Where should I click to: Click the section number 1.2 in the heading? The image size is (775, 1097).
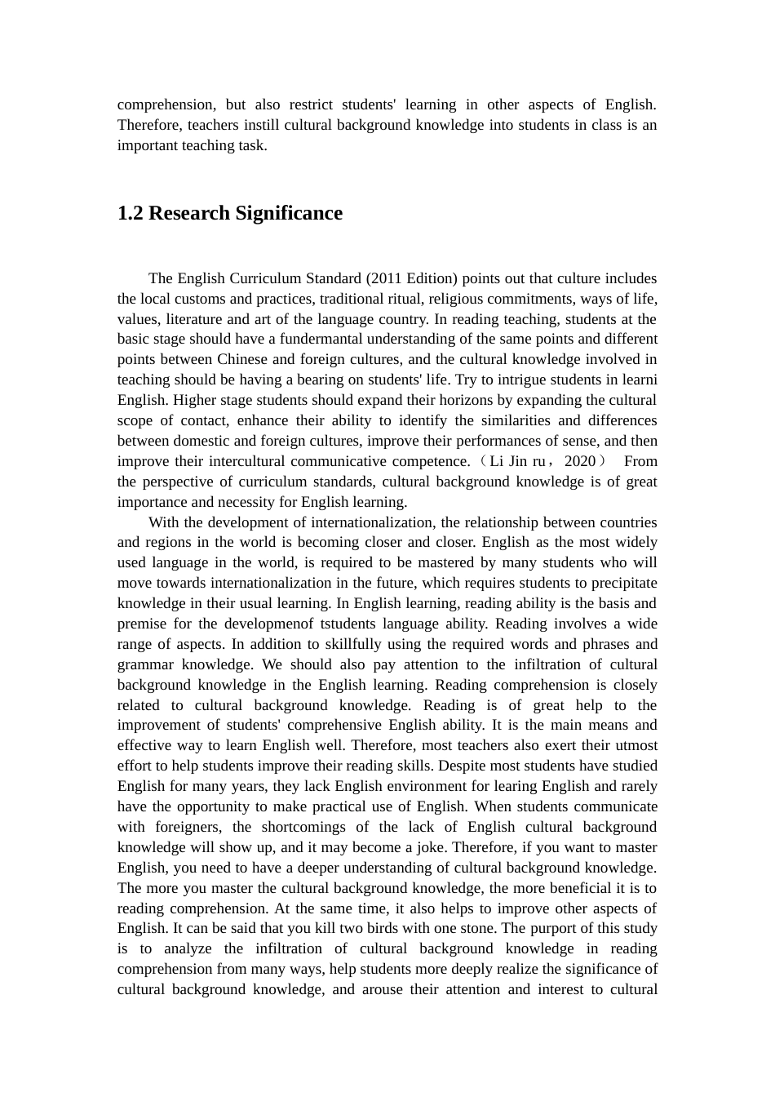(131, 214)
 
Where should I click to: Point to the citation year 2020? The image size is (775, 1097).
(580, 461)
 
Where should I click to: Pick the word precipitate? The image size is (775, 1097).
(622, 583)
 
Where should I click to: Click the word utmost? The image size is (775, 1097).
(636, 745)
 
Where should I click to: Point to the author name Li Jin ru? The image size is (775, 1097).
(517, 461)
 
